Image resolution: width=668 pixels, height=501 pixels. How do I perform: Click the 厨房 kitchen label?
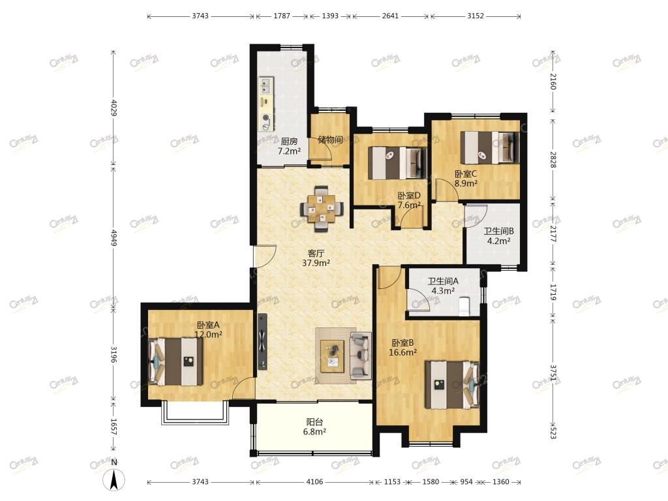[x=289, y=141]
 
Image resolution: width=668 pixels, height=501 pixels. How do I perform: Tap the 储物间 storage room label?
[x=330, y=140]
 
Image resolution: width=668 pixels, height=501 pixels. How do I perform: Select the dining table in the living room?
[x=322, y=209]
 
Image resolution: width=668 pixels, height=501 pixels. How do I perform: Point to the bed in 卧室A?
[x=175, y=361]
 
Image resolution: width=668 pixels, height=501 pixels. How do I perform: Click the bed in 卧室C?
[x=490, y=147]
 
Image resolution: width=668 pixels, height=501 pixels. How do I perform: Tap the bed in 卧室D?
[x=397, y=163]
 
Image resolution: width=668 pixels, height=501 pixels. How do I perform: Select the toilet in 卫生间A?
[x=464, y=307]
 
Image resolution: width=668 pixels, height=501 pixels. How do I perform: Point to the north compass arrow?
[x=114, y=479]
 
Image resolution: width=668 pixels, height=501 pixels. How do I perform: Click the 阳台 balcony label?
[x=314, y=422]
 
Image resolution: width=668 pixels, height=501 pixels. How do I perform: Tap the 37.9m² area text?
[x=316, y=263]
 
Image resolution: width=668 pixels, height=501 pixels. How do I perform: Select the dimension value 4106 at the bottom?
[x=314, y=481]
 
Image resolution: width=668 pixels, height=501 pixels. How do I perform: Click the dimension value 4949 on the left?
[x=114, y=237]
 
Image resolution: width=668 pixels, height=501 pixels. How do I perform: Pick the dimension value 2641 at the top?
[x=390, y=16]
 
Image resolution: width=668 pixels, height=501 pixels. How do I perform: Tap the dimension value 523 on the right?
[x=553, y=433]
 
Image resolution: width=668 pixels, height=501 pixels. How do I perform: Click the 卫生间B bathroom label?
[x=498, y=231]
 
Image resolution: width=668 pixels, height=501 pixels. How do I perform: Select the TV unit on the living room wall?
[x=262, y=342]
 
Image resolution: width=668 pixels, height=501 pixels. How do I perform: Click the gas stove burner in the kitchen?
[x=266, y=117]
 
